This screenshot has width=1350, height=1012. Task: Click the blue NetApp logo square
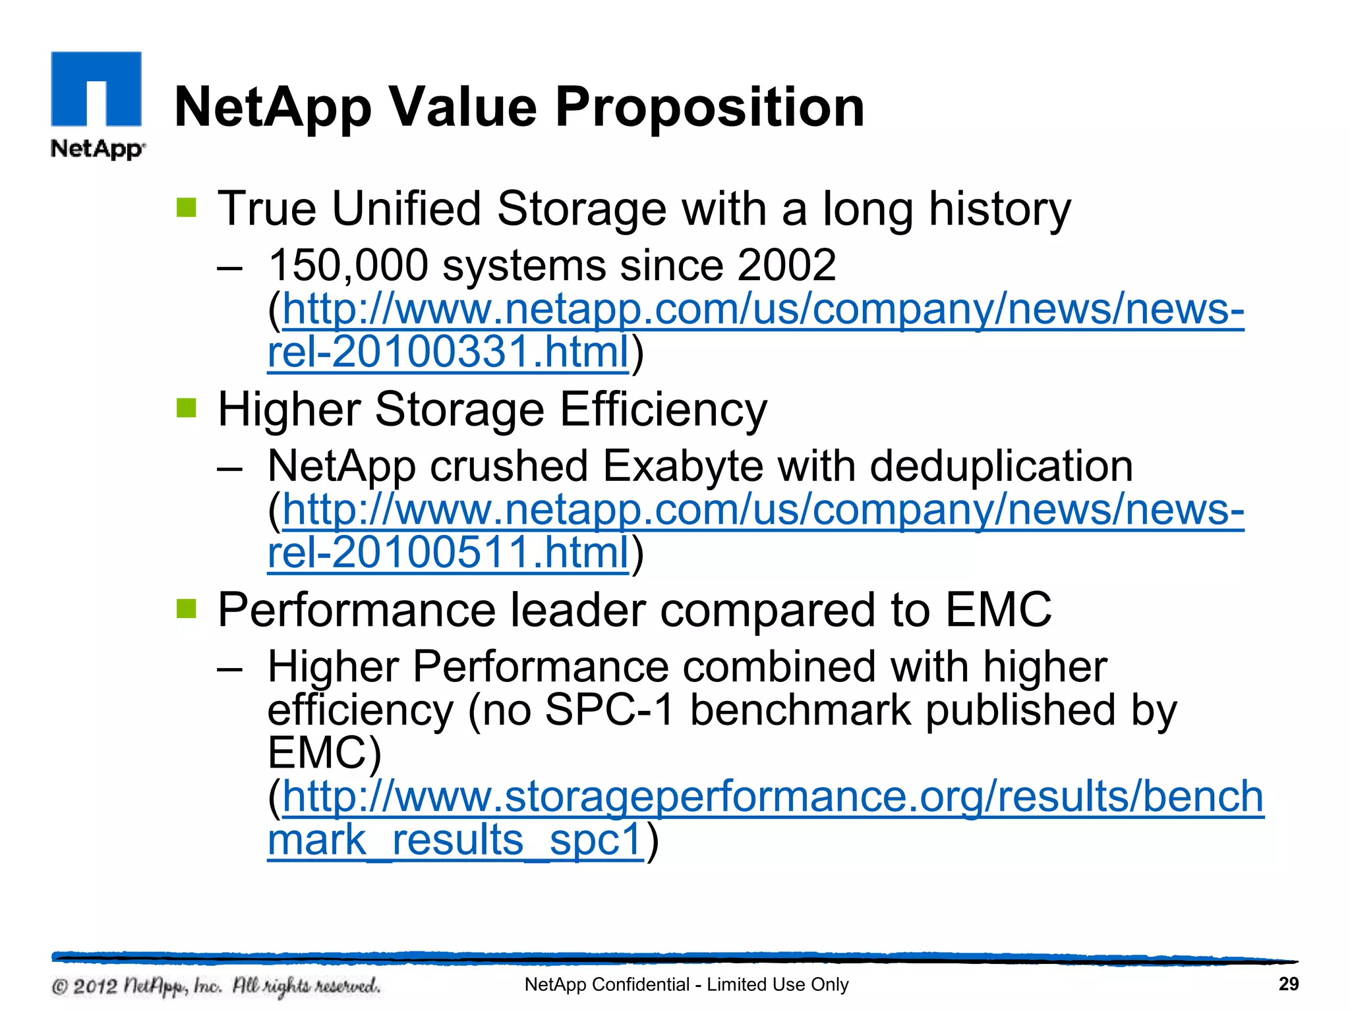(96, 88)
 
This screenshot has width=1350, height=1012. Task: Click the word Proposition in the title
(709, 107)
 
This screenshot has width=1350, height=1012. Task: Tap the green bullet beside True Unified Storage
(187, 208)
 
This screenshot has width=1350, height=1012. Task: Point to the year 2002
(786, 266)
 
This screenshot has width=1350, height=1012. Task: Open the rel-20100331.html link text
(448, 352)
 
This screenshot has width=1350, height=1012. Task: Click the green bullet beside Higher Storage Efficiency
(187, 408)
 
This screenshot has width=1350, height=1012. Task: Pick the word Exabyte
(682, 466)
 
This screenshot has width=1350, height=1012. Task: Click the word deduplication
(1001, 466)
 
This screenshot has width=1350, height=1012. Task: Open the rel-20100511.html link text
(448, 552)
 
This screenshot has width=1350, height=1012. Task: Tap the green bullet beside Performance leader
(187, 609)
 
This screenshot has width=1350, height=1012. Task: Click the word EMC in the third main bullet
(998, 609)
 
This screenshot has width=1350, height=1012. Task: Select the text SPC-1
(610, 710)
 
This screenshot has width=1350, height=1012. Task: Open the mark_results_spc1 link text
(455, 840)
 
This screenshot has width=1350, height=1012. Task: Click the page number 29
(1288, 984)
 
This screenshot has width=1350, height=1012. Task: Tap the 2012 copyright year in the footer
(95, 986)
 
